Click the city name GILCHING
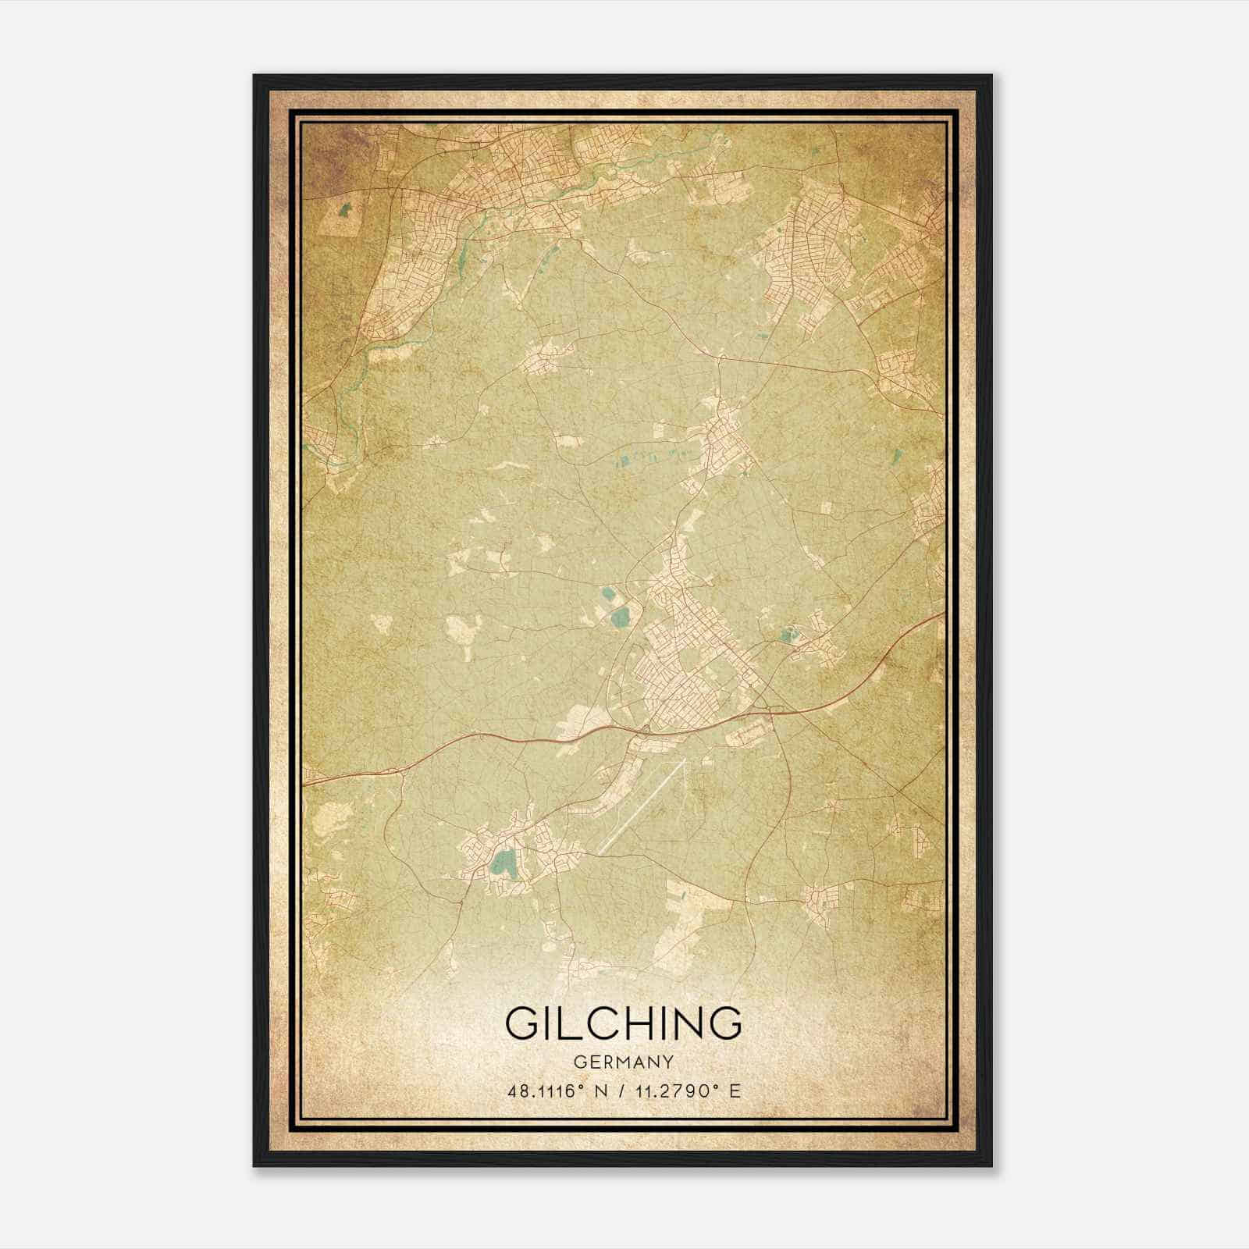[x=624, y=1023]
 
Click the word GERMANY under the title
[x=624, y=1062]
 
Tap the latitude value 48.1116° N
[x=556, y=1091]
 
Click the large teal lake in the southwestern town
[x=501, y=862]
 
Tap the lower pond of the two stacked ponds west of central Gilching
[x=621, y=621]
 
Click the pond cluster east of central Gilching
[x=785, y=635]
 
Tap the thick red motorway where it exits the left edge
[x=307, y=781]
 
